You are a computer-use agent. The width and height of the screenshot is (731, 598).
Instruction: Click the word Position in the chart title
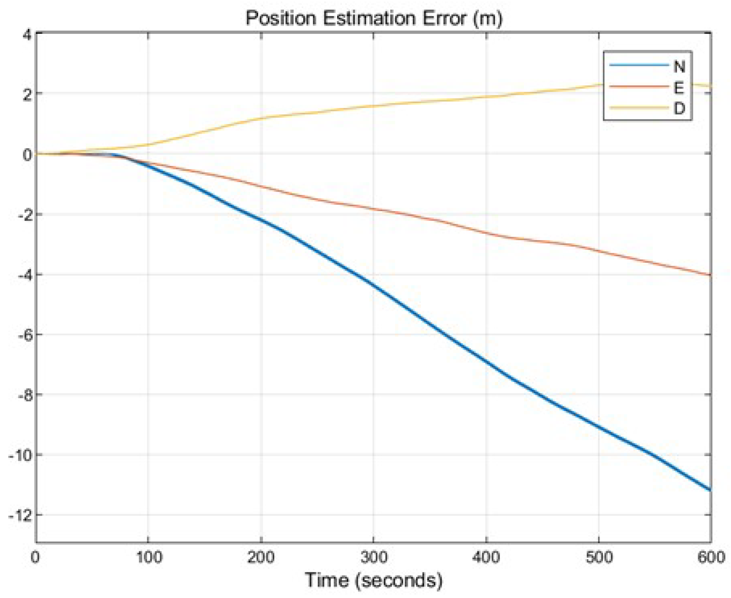(281, 18)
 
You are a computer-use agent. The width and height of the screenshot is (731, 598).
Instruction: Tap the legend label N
(679, 66)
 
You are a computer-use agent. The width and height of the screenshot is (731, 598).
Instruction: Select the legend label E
(679, 87)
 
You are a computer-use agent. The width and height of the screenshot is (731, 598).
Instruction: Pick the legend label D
(679, 109)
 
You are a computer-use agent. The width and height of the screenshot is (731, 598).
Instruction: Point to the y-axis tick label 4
(26, 35)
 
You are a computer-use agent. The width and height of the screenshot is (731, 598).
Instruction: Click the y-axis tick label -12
(20, 516)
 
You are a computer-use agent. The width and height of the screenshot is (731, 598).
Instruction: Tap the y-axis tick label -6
(23, 335)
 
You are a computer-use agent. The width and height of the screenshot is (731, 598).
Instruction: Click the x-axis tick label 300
(373, 557)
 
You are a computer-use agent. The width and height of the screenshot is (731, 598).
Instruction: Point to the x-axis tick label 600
(711, 557)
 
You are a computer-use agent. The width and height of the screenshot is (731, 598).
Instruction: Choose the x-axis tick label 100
(148, 557)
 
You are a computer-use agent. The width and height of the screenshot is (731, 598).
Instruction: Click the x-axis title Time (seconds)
(373, 580)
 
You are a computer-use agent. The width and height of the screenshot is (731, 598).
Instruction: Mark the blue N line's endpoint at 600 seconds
(710, 489)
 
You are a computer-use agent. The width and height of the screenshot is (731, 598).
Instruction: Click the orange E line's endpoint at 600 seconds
(710, 275)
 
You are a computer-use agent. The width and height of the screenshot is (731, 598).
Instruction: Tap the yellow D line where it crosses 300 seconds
(373, 106)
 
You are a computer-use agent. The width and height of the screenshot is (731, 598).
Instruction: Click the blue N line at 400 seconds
(486, 362)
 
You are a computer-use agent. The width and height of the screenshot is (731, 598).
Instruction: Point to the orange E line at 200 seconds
(261, 187)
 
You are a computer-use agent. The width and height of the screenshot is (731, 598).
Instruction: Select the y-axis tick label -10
(20, 456)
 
